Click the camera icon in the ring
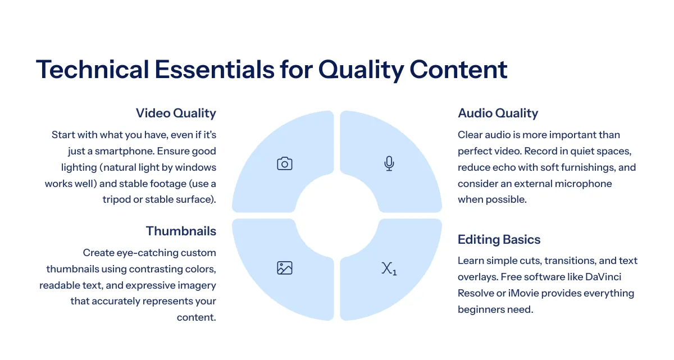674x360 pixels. (284, 163)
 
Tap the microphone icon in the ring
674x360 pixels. (389, 163)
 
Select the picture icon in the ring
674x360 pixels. (284, 268)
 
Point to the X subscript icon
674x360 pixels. (389, 268)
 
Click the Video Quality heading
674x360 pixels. (176, 113)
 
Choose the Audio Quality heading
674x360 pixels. (498, 113)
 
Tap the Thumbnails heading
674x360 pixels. (181, 231)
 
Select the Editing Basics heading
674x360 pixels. (499, 239)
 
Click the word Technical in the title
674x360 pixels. (92, 70)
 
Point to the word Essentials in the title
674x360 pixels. (214, 70)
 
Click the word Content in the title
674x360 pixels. (458, 70)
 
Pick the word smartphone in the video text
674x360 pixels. (125, 151)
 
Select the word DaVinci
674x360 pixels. (603, 277)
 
